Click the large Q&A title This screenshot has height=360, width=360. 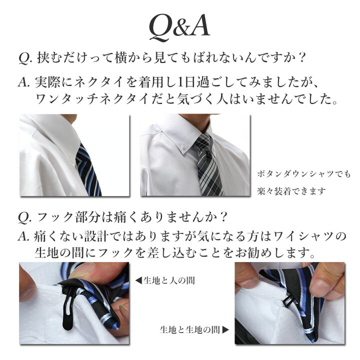pos(179,28)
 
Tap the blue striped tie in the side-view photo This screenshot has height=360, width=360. pos(88,170)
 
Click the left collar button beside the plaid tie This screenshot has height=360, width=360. pos(183,146)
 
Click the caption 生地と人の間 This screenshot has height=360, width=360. pos(169,280)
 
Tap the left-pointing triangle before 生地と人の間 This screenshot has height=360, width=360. pos(138,280)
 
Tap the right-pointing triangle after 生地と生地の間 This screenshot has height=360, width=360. pos(225,329)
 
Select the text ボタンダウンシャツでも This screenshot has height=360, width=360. pos(304,174)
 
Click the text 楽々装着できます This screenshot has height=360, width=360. pos(291,191)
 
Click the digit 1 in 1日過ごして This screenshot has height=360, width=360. pos(180,82)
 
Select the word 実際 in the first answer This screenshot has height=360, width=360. pos(47,82)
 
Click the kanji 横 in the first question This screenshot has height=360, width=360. pos(121,57)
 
